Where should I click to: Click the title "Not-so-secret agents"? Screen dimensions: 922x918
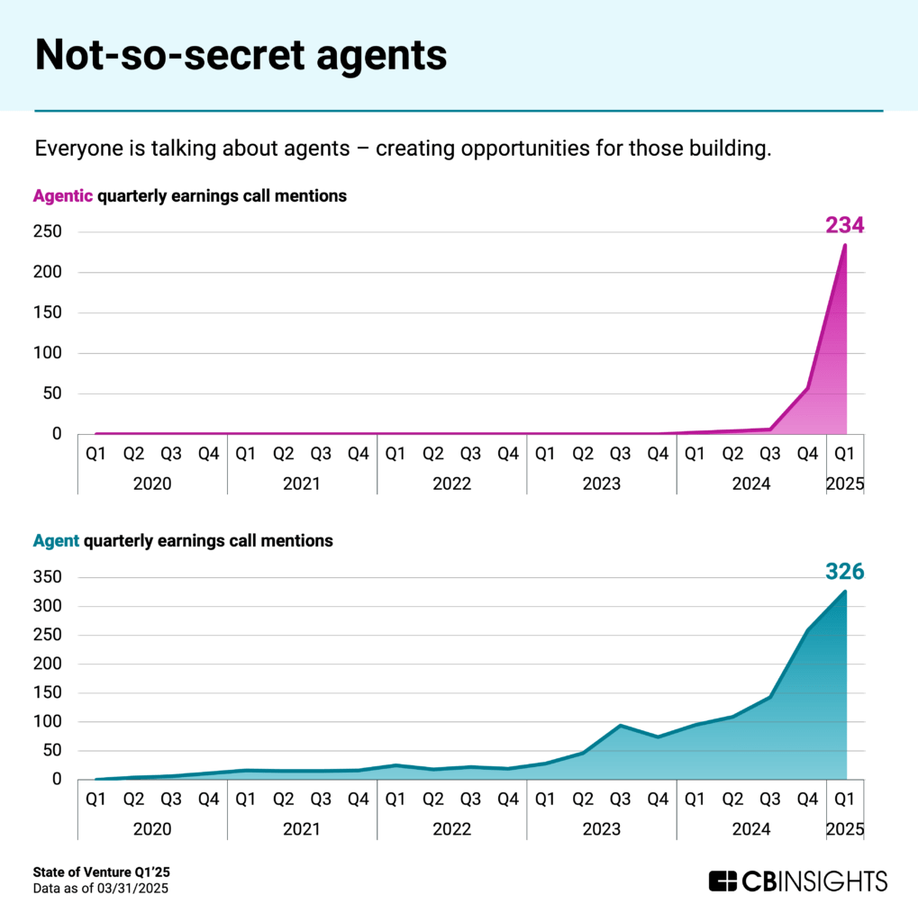(241, 55)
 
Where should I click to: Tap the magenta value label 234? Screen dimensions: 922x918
(844, 225)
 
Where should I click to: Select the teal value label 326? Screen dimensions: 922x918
(844, 572)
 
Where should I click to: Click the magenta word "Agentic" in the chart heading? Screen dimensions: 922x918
(63, 195)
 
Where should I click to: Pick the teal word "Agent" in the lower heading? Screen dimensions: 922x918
(56, 541)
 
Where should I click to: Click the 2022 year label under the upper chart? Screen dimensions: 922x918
(451, 484)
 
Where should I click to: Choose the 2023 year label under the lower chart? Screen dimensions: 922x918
(601, 829)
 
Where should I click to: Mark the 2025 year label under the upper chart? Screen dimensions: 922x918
(845, 484)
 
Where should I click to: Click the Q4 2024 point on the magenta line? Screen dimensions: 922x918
(807, 388)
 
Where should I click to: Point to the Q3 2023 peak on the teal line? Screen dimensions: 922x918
(620, 725)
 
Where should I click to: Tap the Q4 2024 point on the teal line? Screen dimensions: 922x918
(807, 630)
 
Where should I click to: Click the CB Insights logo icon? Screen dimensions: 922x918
(723, 881)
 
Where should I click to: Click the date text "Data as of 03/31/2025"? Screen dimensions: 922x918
(101, 889)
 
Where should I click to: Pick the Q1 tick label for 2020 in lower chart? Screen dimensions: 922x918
(95, 798)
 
